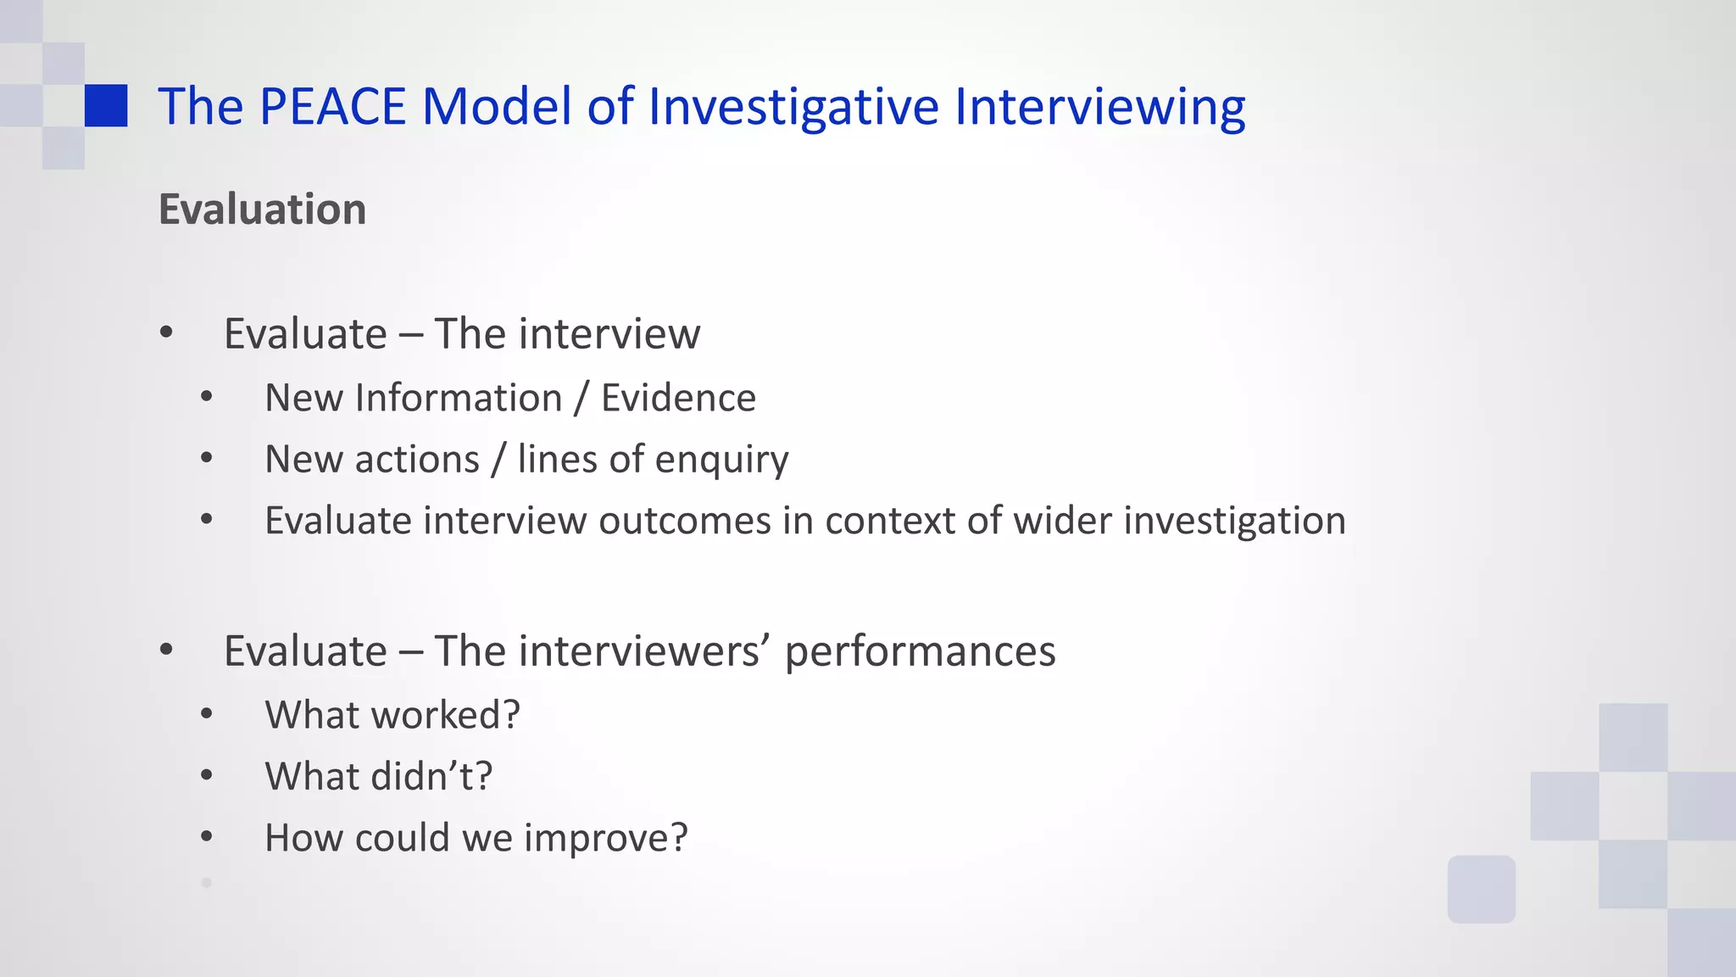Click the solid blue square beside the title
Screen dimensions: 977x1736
tap(106, 106)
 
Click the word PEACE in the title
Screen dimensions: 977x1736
tap(332, 107)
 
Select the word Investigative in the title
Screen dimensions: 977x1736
tap(793, 109)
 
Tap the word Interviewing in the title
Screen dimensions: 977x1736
tap(1099, 109)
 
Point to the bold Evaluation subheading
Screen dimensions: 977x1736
tap(262, 209)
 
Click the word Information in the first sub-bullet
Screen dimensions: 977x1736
tap(459, 398)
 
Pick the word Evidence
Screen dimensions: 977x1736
tap(678, 398)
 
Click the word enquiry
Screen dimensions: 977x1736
tap(721, 461)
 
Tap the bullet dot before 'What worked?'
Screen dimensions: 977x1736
tap(207, 714)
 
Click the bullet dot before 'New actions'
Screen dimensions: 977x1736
tap(207, 459)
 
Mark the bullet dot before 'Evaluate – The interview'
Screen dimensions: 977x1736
tap(166, 332)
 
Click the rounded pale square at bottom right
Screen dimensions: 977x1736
tap(1481, 889)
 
